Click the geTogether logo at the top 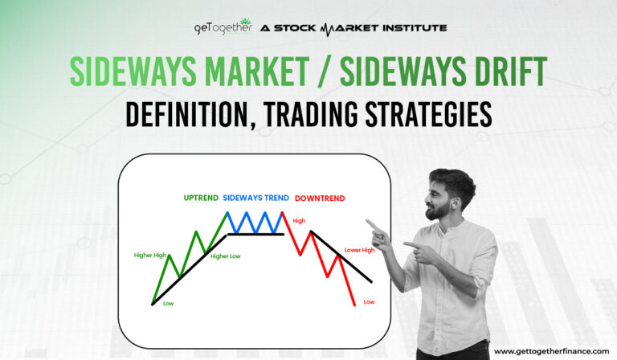(x=222, y=28)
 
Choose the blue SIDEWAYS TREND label (x=256, y=198)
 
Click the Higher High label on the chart (x=149, y=256)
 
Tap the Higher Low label (x=225, y=256)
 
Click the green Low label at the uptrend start (x=168, y=305)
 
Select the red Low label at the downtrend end (x=369, y=302)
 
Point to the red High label (x=299, y=220)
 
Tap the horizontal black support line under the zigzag (x=255, y=234)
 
